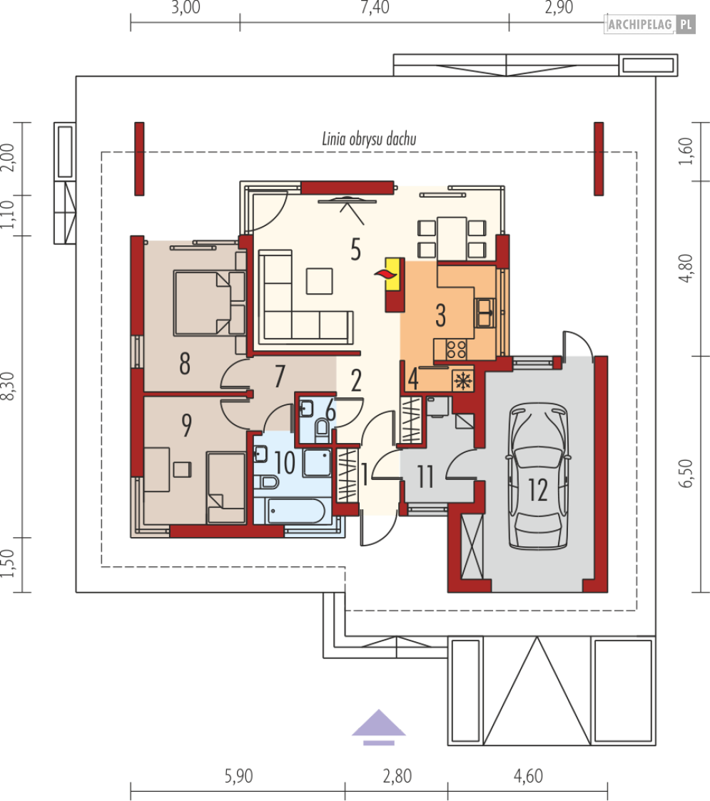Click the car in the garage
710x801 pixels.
(x=537, y=476)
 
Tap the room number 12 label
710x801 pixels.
(x=538, y=490)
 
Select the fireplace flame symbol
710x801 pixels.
(x=386, y=275)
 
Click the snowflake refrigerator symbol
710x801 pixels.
(x=463, y=381)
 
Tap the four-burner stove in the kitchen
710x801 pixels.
(x=456, y=350)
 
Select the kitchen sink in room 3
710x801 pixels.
(x=485, y=312)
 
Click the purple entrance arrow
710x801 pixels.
(x=379, y=727)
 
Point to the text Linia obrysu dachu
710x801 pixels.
(x=369, y=139)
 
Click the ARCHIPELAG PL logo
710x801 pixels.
(x=650, y=24)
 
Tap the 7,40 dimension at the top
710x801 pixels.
(x=375, y=8)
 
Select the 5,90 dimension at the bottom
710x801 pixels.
(x=239, y=776)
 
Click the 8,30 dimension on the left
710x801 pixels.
(x=8, y=386)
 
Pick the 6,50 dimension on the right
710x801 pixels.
(x=686, y=473)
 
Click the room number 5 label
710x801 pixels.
(x=356, y=250)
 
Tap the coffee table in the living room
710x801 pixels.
(x=320, y=281)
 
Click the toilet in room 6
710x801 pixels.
(x=322, y=429)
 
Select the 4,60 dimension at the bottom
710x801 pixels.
(x=528, y=776)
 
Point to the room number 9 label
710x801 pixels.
(x=186, y=426)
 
